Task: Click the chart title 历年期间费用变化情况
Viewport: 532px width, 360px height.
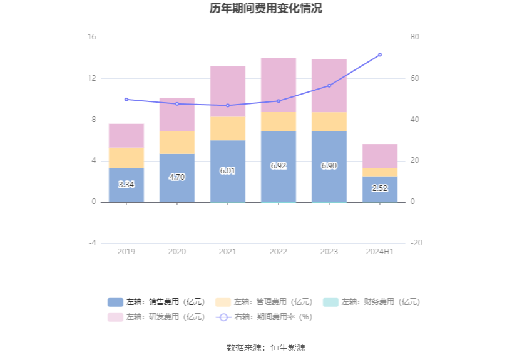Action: click(x=266, y=9)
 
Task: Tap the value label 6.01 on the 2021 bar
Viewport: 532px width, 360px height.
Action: click(x=228, y=170)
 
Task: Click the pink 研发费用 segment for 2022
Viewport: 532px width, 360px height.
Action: click(x=279, y=85)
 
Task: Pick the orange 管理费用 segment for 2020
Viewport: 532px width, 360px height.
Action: click(x=177, y=142)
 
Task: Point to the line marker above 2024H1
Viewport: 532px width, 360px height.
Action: click(x=380, y=55)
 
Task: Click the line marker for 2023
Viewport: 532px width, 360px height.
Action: click(x=329, y=86)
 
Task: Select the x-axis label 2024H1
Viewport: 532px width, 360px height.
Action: click(x=380, y=252)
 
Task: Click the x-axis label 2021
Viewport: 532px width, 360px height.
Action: click(x=228, y=252)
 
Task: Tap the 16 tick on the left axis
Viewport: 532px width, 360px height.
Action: click(x=91, y=38)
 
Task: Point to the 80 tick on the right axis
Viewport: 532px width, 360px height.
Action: click(x=415, y=38)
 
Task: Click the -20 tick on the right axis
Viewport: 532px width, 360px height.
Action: click(x=416, y=243)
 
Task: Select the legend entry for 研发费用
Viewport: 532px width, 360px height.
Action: click(x=156, y=317)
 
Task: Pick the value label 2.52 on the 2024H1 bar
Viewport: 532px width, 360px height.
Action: click(x=380, y=188)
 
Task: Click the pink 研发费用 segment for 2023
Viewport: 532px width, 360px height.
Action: click(x=329, y=86)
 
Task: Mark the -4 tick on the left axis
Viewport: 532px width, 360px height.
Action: click(x=91, y=243)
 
